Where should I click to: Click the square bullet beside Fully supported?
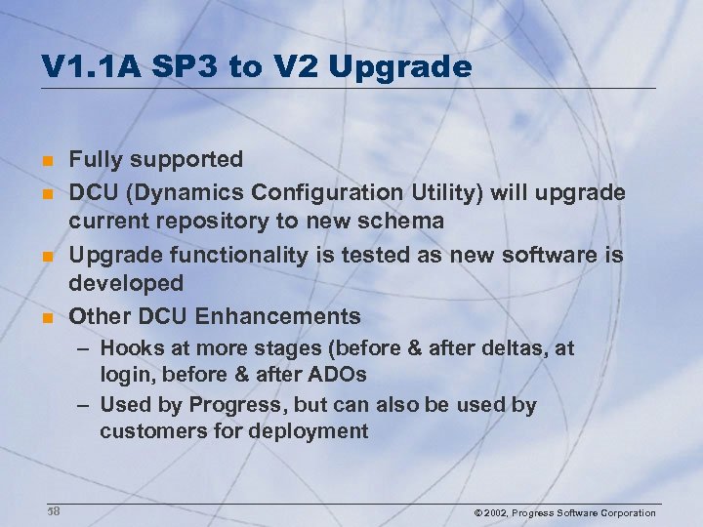[46, 159]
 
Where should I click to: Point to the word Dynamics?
[183, 191]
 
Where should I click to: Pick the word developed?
[126, 284]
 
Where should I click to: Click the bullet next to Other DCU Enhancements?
[46, 317]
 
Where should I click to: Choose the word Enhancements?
[278, 316]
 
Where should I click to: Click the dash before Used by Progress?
[85, 404]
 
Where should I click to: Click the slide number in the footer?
[54, 511]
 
